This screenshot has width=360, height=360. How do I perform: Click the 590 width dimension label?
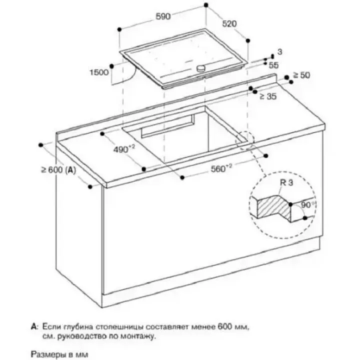163,16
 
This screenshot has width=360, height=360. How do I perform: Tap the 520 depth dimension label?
229,23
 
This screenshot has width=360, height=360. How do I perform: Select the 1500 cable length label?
99,72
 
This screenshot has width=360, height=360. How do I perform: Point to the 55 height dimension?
273,65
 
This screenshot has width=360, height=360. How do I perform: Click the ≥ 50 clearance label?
301,75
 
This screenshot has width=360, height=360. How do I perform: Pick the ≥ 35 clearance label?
268,96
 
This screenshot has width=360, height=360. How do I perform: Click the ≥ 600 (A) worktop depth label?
58,170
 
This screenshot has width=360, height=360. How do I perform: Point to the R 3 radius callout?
287,184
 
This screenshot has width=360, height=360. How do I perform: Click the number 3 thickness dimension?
280,52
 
